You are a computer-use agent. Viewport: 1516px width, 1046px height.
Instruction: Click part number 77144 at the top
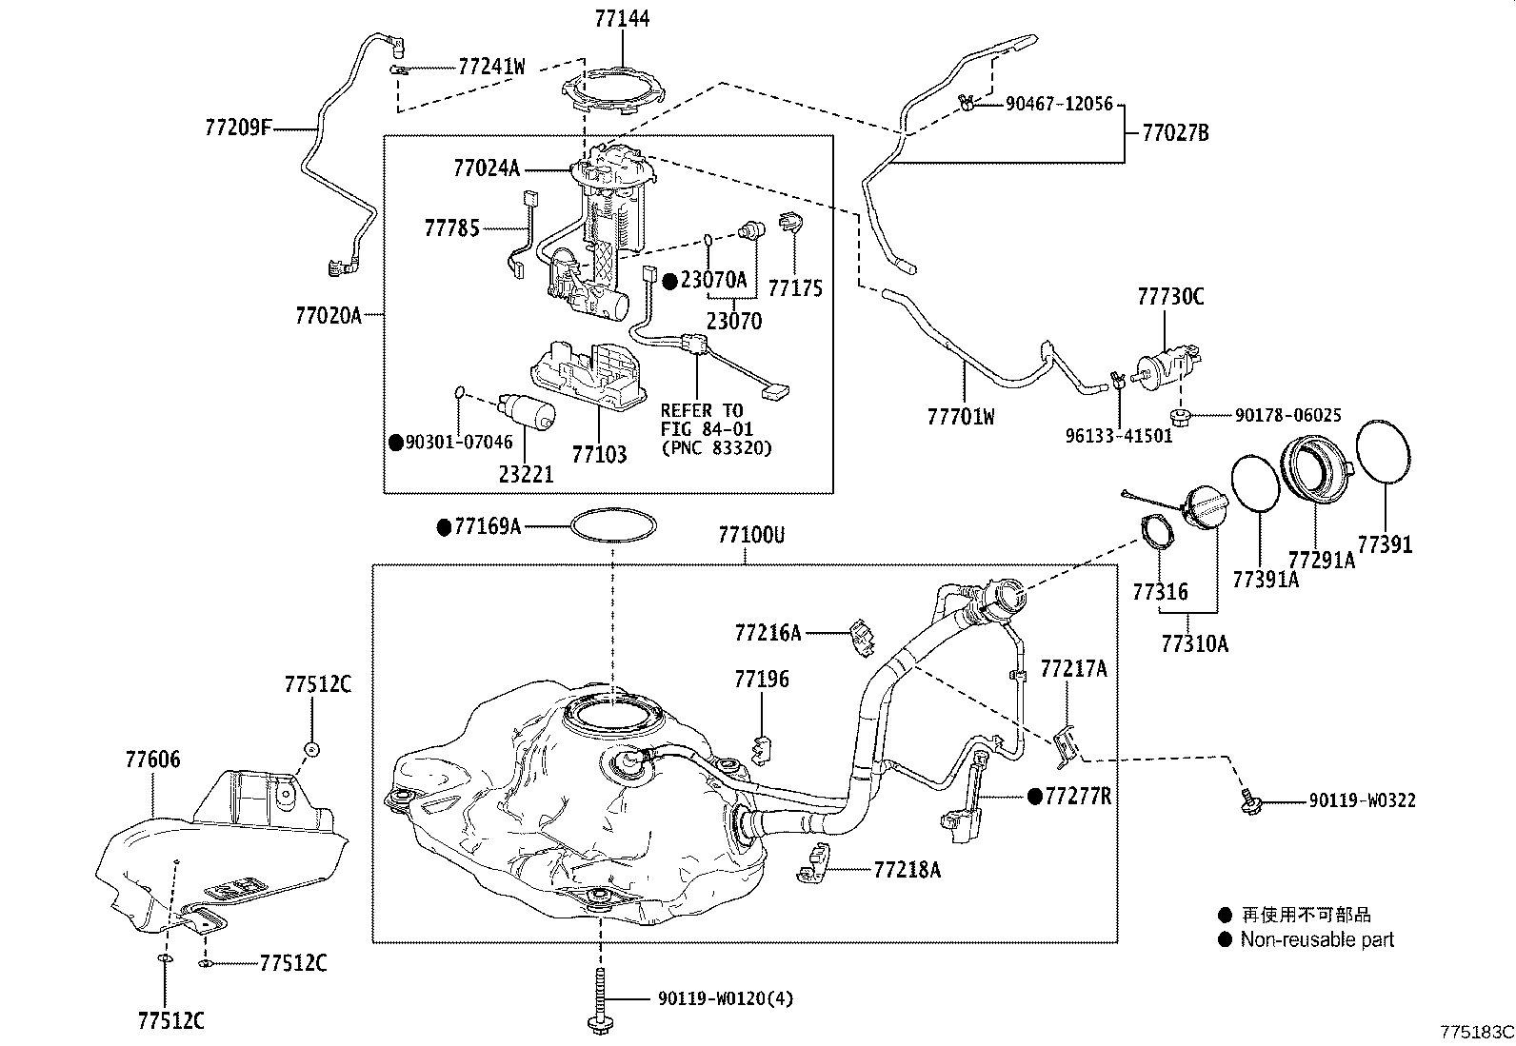coord(623,18)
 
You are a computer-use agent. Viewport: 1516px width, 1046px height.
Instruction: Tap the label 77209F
coord(238,127)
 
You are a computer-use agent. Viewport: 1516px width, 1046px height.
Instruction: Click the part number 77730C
coord(1170,297)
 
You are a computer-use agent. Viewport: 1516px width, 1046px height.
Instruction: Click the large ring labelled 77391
coord(1384,451)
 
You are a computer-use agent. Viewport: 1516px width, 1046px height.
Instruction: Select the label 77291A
coord(1321,560)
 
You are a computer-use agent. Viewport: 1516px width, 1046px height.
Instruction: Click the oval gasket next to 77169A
coord(613,526)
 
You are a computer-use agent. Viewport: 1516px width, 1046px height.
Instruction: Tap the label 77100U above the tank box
coord(751,536)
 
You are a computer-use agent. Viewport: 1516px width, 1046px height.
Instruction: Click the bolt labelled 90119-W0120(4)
coord(601,999)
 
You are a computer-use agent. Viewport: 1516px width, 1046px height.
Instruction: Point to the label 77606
coord(152,760)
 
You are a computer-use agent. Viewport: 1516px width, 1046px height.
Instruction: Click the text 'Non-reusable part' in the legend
coord(1316,939)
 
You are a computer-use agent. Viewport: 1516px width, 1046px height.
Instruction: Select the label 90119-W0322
coord(1362,800)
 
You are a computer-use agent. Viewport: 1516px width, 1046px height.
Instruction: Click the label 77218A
coord(907,869)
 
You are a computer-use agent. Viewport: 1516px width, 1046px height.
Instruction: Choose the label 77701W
coord(960,416)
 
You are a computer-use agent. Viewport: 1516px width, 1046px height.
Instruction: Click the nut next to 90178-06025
coord(1179,415)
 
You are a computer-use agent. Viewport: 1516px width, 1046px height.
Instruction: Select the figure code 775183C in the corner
coord(1476,1032)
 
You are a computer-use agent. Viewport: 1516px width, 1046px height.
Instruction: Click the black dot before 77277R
coord(1034,796)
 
